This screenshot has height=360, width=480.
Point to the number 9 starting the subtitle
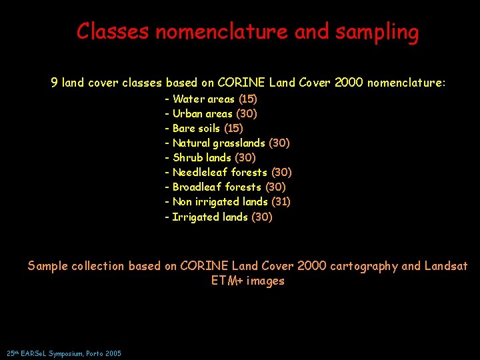point(54,83)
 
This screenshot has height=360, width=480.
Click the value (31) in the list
point(281,201)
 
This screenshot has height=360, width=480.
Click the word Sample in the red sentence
point(48,266)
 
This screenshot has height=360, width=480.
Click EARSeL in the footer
point(34,353)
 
